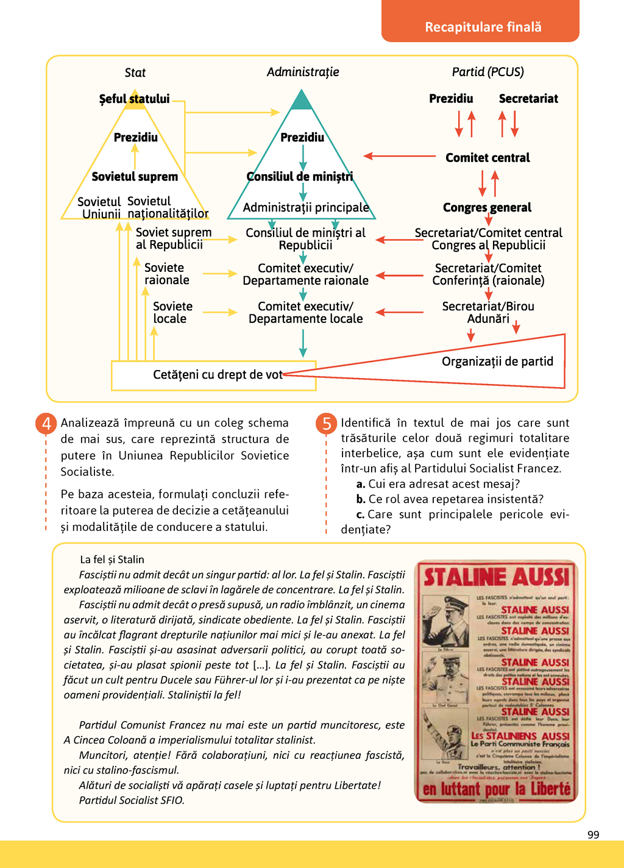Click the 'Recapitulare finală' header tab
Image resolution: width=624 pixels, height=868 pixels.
tap(483, 27)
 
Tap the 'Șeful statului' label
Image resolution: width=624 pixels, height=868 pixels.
tap(134, 99)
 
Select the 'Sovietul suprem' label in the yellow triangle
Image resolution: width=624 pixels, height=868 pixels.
tap(135, 177)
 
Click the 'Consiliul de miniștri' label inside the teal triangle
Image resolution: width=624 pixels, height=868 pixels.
tap(300, 177)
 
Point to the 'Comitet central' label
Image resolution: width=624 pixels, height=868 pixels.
tap(487, 158)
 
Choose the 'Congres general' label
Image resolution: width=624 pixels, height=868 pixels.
tap(487, 208)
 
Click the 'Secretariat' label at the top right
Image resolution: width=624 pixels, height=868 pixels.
tap(528, 99)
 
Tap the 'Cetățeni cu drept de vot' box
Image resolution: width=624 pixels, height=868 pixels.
tap(217, 375)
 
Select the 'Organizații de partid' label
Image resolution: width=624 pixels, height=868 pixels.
tap(497, 361)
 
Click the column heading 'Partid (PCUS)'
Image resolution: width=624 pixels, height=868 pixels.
tap(487, 72)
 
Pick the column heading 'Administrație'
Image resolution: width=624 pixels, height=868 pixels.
tap(303, 72)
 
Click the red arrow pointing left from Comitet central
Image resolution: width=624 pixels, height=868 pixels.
tap(399, 157)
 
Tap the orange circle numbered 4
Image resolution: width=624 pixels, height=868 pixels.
tap(46, 423)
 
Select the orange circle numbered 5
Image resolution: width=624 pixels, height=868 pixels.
tap(327, 423)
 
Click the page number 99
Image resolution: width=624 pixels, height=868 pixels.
tap(593, 834)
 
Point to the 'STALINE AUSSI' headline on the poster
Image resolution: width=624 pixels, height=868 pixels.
tap(496, 577)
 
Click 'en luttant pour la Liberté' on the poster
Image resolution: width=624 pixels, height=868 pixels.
tap(497, 789)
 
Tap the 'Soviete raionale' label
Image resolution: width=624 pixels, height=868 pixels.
tap(166, 274)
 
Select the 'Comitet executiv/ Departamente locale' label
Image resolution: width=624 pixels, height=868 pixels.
tap(305, 313)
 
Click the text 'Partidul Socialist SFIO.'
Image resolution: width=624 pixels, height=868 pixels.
tap(132, 800)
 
